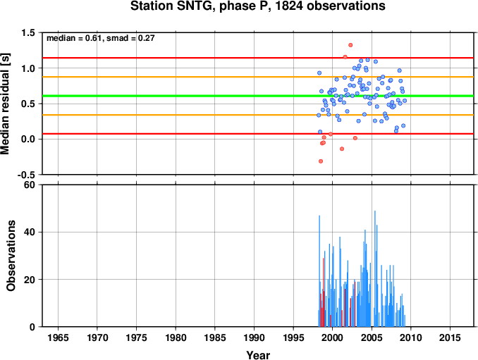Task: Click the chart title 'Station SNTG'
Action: [171, 6]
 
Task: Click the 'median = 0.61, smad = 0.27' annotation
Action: [101, 38]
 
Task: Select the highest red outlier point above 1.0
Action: [350, 45]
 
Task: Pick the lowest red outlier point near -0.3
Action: [320, 161]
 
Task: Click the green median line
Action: [258, 96]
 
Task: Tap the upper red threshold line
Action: [258, 58]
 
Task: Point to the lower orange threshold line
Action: [258, 115]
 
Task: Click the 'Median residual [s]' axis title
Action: [5, 104]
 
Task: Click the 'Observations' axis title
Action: [11, 256]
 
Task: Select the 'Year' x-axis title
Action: [258, 355]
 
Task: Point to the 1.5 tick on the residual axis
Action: [27, 32]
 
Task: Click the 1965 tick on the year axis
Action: [58, 337]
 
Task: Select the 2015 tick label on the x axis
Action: [450, 337]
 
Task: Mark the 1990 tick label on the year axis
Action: [254, 337]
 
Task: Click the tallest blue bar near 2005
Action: [374, 268]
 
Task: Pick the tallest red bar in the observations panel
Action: [323, 292]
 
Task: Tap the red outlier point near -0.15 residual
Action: [342, 149]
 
